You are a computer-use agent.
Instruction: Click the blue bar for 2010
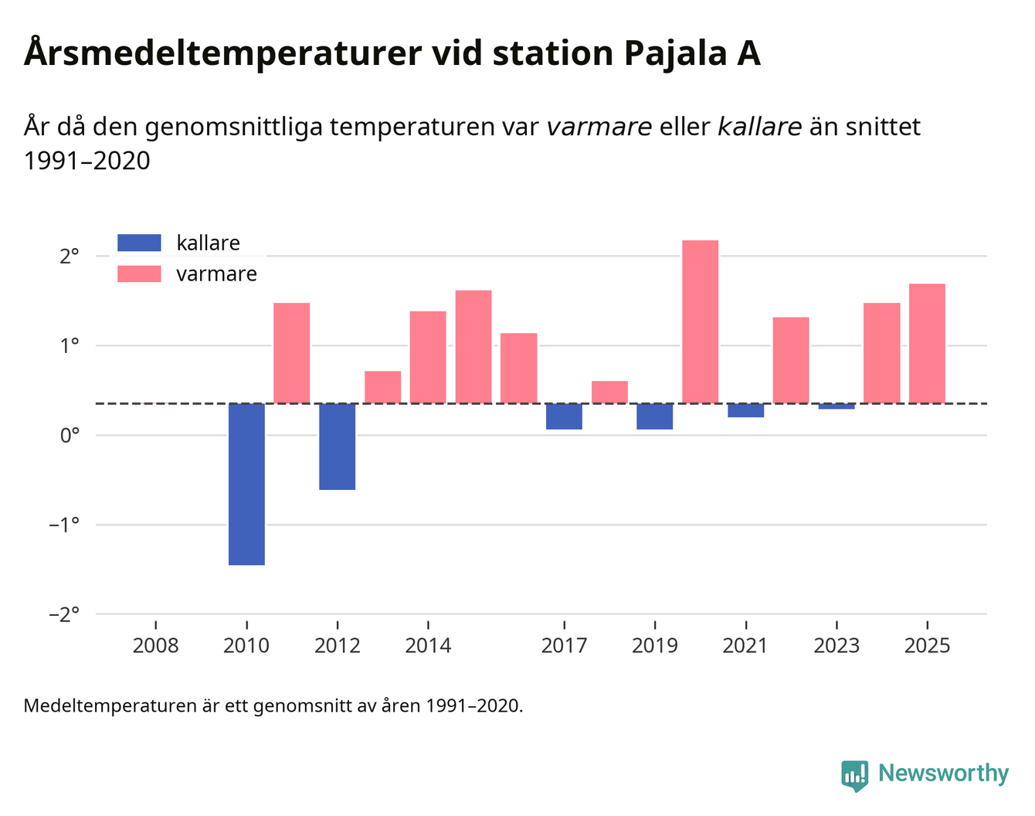(246, 484)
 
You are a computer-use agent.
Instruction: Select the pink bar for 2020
(700, 321)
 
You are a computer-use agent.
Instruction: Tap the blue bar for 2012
(338, 446)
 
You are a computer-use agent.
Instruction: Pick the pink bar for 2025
(927, 343)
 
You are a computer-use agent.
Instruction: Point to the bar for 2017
(564, 416)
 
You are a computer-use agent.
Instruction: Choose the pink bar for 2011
(292, 352)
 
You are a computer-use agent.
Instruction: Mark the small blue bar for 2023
(836, 406)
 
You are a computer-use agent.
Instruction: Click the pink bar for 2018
(609, 392)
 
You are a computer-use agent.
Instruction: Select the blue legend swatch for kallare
(139, 243)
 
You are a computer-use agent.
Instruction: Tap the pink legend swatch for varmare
(139, 274)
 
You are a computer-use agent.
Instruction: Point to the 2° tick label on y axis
(70, 256)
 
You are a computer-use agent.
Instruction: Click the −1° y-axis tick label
(64, 525)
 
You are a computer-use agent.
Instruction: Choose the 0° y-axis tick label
(70, 435)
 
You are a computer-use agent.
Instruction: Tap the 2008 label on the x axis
(155, 645)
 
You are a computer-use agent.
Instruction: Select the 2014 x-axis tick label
(428, 645)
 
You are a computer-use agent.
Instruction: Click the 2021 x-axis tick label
(745, 645)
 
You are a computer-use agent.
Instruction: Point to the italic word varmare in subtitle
(599, 127)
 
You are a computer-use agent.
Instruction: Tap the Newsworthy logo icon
(854, 774)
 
